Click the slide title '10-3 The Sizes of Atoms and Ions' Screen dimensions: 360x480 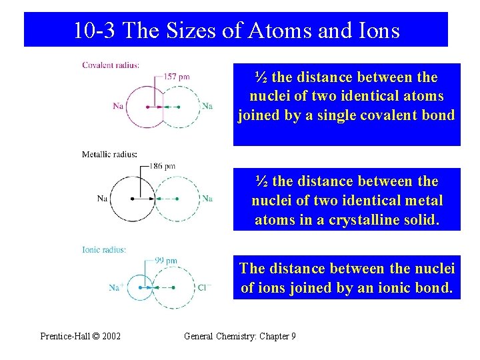236,30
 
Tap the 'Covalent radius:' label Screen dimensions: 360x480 111,65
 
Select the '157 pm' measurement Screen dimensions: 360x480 177,77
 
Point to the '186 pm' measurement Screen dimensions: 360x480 162,165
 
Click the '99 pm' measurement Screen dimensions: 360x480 166,260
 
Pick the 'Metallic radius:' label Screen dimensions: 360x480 109,155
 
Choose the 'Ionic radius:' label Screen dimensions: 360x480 104,249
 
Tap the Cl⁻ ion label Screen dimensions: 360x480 205,287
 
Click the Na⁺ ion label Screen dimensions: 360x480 115,287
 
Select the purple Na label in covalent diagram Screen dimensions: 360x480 119,106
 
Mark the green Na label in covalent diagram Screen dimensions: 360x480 207,106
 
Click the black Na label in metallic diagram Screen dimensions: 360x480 102,198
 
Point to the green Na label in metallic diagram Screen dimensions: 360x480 207,198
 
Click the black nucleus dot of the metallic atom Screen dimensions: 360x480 133,198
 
